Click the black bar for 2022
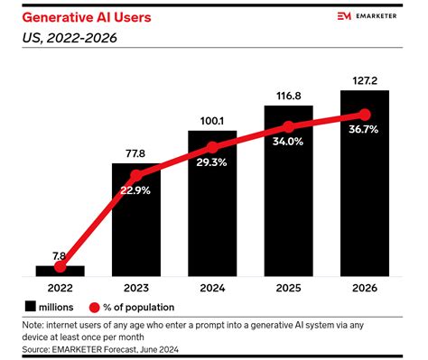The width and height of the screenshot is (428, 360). [60, 270]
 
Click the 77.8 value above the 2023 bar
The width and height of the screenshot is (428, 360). [135, 152]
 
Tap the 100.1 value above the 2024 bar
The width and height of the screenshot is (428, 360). [212, 122]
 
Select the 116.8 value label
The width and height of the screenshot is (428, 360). [288, 96]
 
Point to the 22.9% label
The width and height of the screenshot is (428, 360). [135, 192]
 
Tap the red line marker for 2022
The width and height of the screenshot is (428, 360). [60, 267]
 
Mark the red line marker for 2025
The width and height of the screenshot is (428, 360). [288, 126]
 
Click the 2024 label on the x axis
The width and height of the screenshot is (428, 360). [212, 290]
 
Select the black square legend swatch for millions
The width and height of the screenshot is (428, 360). [31, 308]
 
